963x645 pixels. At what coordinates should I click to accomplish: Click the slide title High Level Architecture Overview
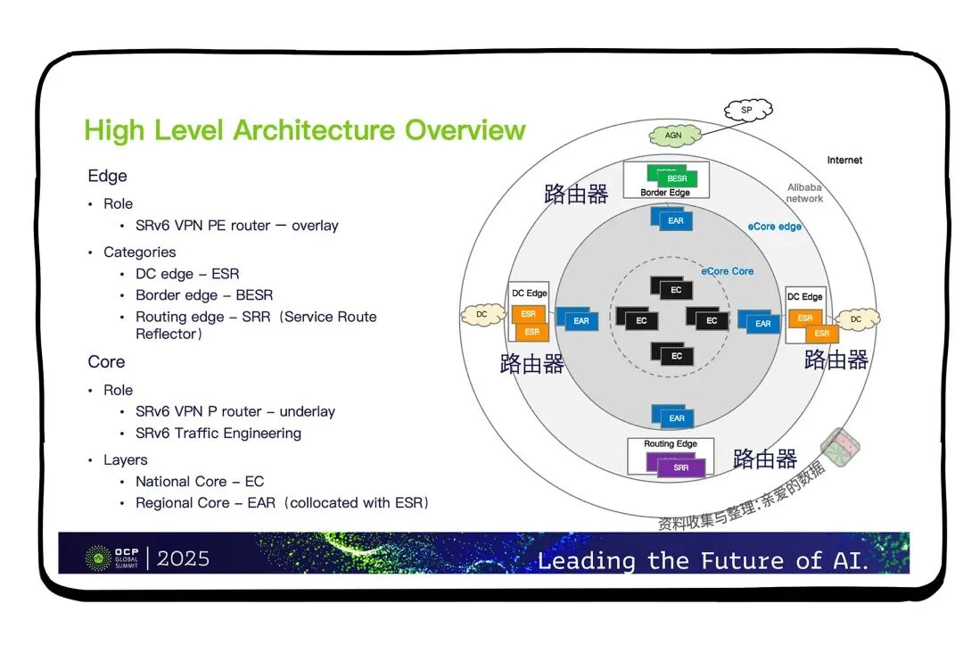305,130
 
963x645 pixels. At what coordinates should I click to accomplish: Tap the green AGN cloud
673,136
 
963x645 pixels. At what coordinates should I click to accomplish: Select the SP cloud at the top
747,111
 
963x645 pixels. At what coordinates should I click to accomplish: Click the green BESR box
677,178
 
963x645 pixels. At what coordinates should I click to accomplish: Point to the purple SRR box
680,467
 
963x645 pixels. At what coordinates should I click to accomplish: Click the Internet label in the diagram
844,161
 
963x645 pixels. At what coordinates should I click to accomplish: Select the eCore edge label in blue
774,227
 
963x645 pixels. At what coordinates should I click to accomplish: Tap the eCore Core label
727,271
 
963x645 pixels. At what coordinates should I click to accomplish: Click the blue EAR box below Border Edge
675,219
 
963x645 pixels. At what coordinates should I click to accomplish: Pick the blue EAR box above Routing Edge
676,418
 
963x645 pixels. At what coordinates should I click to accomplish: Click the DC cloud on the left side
481,314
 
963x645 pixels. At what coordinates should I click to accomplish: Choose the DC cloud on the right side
855,318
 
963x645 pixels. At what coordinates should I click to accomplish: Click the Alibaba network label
804,193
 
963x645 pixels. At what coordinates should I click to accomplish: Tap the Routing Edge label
671,443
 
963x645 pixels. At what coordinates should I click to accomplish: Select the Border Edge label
665,193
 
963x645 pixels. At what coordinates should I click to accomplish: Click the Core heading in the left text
106,362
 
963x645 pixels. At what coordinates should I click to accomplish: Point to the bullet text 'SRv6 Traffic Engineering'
218,434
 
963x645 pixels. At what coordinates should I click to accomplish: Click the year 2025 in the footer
184,558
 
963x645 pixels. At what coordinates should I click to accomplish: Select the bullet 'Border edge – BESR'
204,295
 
